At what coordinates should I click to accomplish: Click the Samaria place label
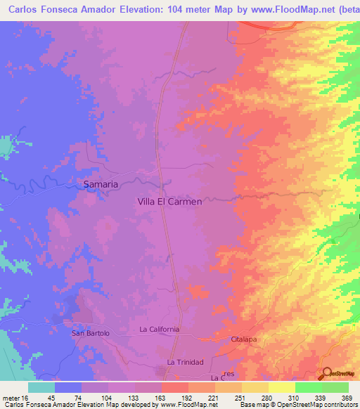tap(101, 184)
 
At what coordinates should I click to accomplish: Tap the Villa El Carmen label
tap(169, 201)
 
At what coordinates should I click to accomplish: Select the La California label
tap(160, 329)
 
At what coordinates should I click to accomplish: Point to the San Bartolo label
tap(91, 333)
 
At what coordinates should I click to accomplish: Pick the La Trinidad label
tap(185, 362)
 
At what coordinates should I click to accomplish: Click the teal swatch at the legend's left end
tap(41, 387)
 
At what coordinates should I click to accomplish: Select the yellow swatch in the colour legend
tap(281, 387)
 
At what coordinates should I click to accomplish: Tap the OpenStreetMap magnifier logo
tap(327, 373)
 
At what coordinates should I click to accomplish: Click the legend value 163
tap(147, 397)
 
